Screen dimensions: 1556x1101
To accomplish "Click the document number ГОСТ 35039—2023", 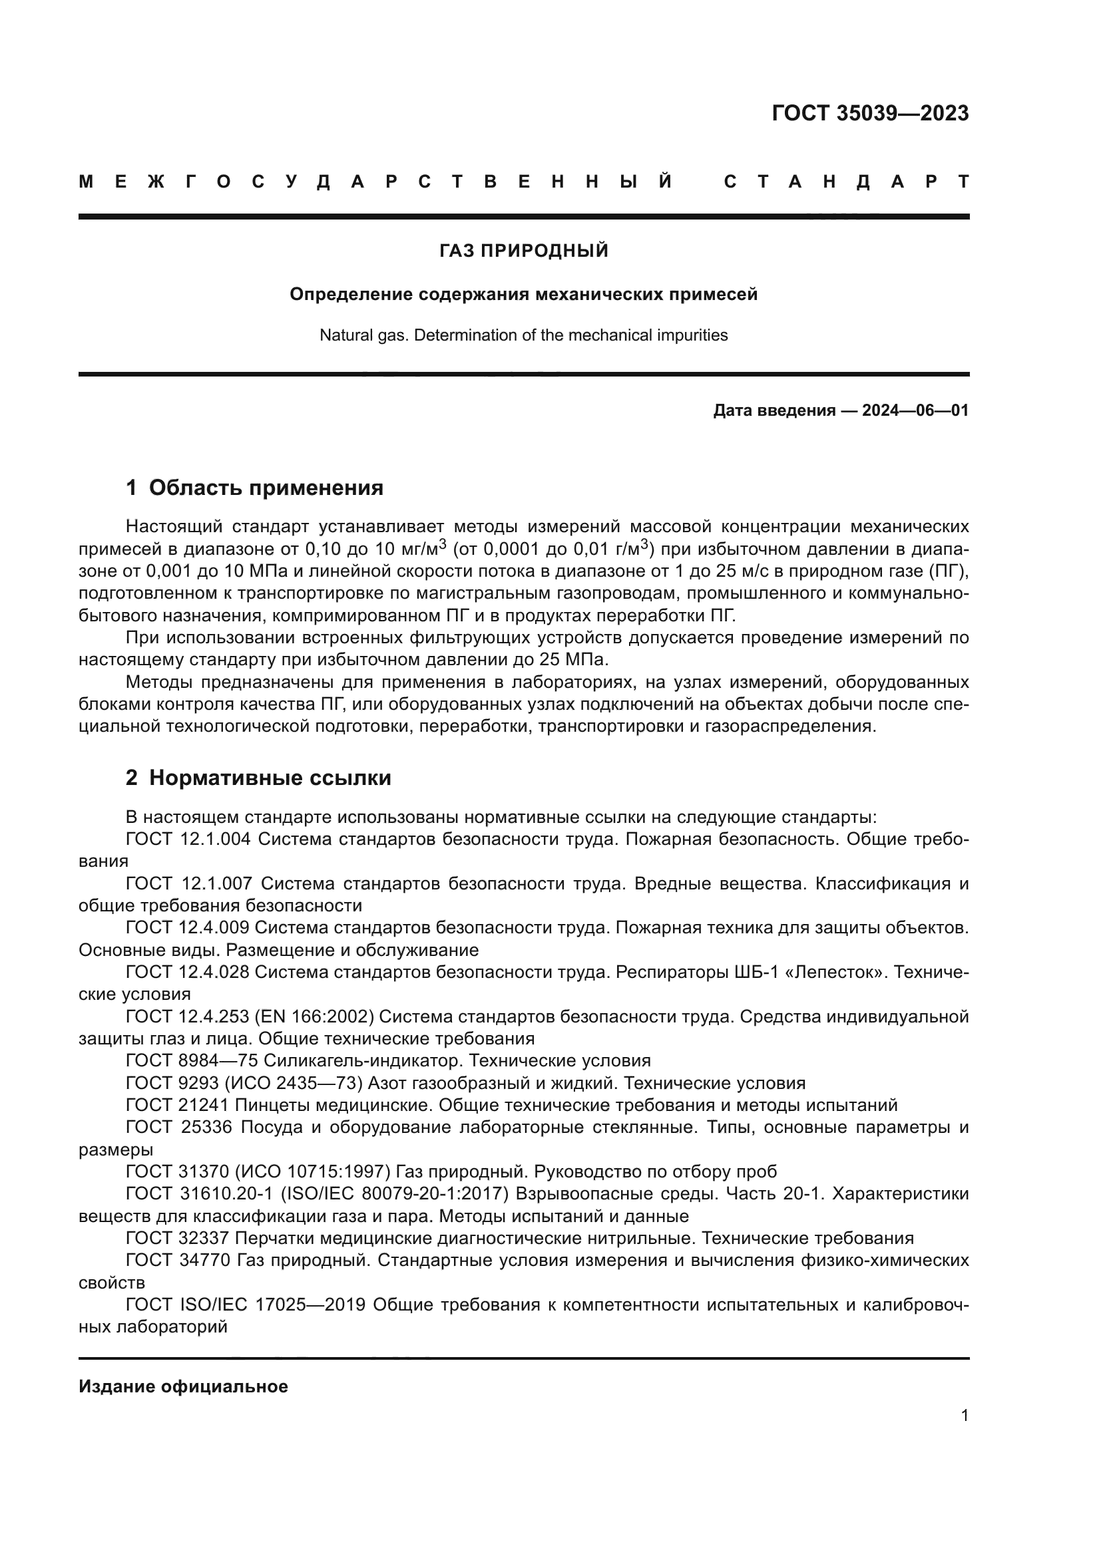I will pyautogui.click(x=870, y=113).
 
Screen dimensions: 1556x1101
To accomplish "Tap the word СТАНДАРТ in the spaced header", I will pyautogui.click(x=847, y=182).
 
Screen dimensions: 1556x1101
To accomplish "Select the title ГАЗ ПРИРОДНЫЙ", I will pyautogui.click(x=523, y=251).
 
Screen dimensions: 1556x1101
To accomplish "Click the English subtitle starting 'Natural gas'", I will pyautogui.click(x=523, y=335).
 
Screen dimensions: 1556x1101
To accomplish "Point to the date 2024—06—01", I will pyautogui.click(x=915, y=410).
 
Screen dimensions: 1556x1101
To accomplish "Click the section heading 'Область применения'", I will pyautogui.click(x=266, y=488).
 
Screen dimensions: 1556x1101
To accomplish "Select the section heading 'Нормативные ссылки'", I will pyautogui.click(x=270, y=778).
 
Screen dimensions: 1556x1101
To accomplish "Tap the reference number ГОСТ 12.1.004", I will pyautogui.click(x=188, y=840).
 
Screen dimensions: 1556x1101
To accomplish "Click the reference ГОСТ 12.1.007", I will pyautogui.click(x=189, y=883).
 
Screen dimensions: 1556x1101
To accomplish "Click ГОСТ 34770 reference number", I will pyautogui.click(x=178, y=1261).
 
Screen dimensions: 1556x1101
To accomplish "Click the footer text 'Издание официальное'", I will pyautogui.click(x=183, y=1386).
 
